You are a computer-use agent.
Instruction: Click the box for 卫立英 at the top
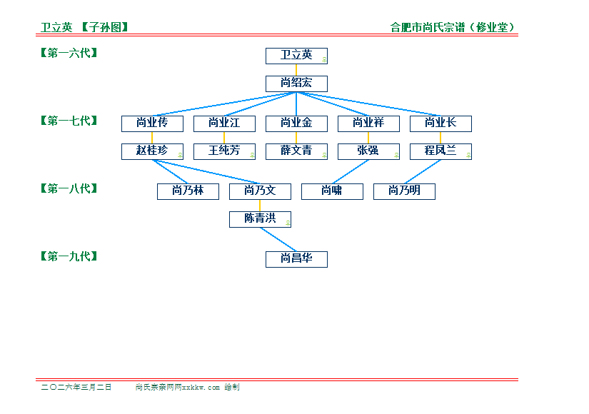[x=296, y=56]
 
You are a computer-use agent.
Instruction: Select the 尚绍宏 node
[x=296, y=84]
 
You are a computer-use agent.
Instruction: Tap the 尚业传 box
[x=152, y=123]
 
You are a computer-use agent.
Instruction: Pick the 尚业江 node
[x=224, y=123]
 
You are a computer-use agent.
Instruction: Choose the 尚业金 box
[x=296, y=123]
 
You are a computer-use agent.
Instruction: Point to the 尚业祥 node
[x=368, y=123]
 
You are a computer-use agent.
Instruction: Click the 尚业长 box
[x=441, y=123]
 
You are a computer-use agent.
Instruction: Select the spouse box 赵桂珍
[x=152, y=151]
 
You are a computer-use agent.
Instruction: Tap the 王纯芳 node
[x=224, y=151]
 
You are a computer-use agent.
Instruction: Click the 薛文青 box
[x=296, y=151]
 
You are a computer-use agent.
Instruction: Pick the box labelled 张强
[x=368, y=151]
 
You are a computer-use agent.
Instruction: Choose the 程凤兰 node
[x=441, y=151]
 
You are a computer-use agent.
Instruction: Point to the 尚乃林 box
[x=188, y=191]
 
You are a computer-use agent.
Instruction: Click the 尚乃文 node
[x=260, y=191]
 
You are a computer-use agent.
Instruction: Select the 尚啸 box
[x=332, y=191]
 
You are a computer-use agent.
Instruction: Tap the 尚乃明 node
[x=404, y=191]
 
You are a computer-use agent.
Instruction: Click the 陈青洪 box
[x=260, y=219]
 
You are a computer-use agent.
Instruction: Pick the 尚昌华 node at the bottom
[x=296, y=259]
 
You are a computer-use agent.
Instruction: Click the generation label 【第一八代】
[x=69, y=189]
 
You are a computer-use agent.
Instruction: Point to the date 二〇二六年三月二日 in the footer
[x=76, y=387]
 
